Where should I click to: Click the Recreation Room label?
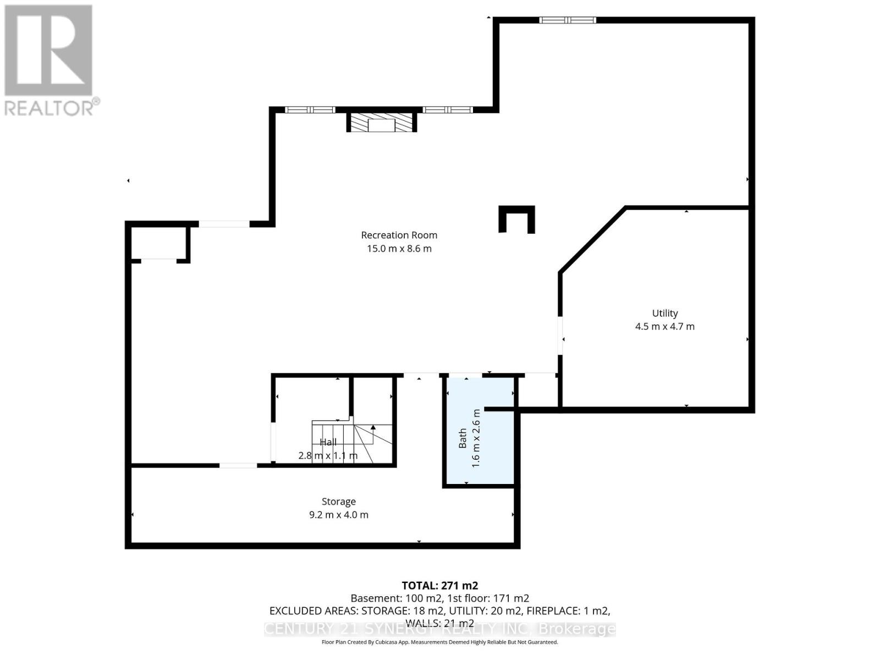click(399, 235)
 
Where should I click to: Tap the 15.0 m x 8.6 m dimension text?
click(399, 249)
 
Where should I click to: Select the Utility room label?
click(664, 313)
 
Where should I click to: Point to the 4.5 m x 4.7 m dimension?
click(664, 326)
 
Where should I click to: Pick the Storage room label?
click(338, 502)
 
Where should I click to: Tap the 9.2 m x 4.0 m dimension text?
click(338, 515)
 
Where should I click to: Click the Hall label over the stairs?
click(328, 442)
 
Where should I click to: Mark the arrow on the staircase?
click(373, 427)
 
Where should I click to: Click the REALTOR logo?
click(50, 61)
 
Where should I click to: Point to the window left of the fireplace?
click(310, 110)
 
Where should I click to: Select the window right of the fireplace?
click(448, 110)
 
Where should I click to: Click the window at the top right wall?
click(568, 20)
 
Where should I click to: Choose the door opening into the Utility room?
click(560, 335)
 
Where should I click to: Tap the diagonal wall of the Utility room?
click(592, 240)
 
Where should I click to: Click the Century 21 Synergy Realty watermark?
click(439, 629)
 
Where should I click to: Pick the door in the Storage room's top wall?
click(238, 465)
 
